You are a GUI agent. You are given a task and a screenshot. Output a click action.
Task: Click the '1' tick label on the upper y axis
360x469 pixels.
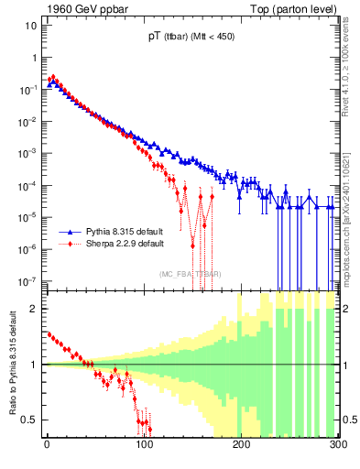(33, 57)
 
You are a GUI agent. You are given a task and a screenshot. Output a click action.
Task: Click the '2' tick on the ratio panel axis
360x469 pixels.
(33, 309)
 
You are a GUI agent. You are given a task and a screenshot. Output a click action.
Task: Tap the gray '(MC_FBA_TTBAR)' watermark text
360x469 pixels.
(191, 274)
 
